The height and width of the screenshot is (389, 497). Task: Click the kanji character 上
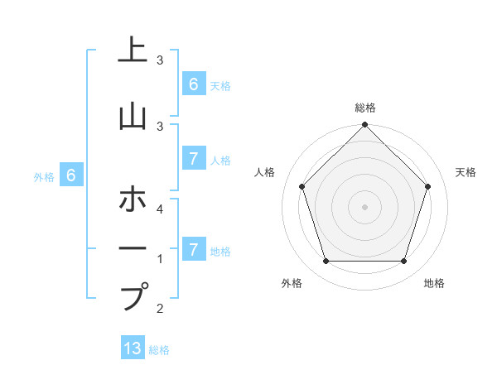tap(132, 50)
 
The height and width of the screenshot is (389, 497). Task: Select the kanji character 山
tap(132, 116)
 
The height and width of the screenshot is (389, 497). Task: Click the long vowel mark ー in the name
tap(132, 247)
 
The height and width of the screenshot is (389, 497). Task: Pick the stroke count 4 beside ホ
tap(160, 209)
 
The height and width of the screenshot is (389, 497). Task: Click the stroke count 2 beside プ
tap(160, 309)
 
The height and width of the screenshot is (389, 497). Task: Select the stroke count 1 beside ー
tap(160, 259)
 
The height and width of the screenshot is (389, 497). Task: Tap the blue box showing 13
tap(133, 348)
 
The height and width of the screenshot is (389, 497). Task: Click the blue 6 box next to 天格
tap(194, 84)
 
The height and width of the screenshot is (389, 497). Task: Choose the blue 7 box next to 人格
tap(194, 159)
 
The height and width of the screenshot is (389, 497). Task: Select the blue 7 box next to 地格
tap(194, 249)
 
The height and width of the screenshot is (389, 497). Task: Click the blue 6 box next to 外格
tap(71, 175)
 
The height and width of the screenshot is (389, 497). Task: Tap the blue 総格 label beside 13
tap(159, 350)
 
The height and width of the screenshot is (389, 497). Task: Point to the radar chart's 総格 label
tap(365, 108)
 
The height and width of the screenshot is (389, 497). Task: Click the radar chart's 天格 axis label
tap(466, 172)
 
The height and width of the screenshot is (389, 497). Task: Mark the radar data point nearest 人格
tap(302, 186)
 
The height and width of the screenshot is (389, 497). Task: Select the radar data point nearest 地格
tap(404, 262)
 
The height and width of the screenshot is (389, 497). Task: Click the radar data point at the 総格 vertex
tap(365, 125)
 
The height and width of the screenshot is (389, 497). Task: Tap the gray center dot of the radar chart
tap(365, 207)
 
